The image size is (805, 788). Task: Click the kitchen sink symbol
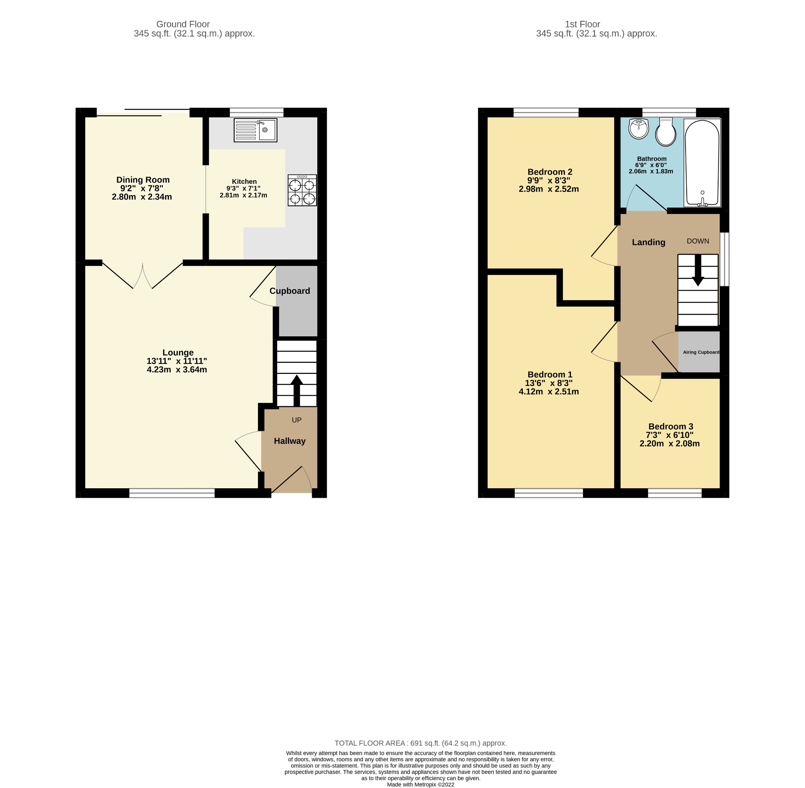pos(255,130)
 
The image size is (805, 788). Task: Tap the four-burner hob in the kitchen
pos(302,190)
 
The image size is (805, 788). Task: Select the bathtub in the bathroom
pos(702,163)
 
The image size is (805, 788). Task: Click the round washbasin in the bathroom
pos(638,129)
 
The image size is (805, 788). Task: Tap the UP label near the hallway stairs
pos(296,420)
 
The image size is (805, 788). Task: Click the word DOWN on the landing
pos(698,241)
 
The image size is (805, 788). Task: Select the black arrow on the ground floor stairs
pos(296,391)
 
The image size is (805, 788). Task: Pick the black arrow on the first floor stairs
pos(698,270)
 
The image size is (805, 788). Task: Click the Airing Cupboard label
pos(701,352)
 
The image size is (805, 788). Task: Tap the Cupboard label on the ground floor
pos(289,291)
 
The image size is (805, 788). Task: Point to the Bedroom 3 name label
pos(671,426)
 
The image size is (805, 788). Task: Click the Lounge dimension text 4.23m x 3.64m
pos(177,370)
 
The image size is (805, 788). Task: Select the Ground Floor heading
pos(183,24)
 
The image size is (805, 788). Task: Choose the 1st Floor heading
pos(582,24)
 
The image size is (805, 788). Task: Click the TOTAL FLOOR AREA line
pos(421,743)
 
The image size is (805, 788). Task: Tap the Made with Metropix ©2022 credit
pos(421,784)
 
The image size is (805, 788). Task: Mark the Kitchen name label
pos(244,181)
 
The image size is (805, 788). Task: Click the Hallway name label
pos(289,441)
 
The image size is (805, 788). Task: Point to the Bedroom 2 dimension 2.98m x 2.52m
pos(549,189)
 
